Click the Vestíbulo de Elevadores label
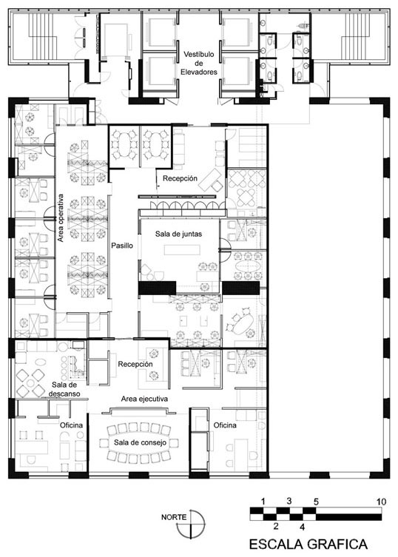pyautogui.click(x=199, y=63)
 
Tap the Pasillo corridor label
pyautogui.click(x=122, y=246)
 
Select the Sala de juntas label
pyautogui.click(x=178, y=234)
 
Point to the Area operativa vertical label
pyautogui.click(x=61, y=217)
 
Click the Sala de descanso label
pyautogui.click(x=64, y=389)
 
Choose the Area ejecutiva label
pyautogui.click(x=144, y=399)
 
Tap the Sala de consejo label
pyautogui.click(x=140, y=442)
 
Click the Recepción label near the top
pyautogui.click(x=180, y=178)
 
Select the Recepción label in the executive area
pyautogui.click(x=135, y=364)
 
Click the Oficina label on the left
pyautogui.click(x=71, y=425)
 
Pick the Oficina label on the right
pyautogui.click(x=225, y=425)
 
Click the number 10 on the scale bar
pyautogui.click(x=381, y=502)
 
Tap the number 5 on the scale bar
pyautogui.click(x=316, y=502)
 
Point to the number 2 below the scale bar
pyautogui.click(x=276, y=526)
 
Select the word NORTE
pyautogui.click(x=173, y=517)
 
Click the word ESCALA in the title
pyautogui.click(x=276, y=544)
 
